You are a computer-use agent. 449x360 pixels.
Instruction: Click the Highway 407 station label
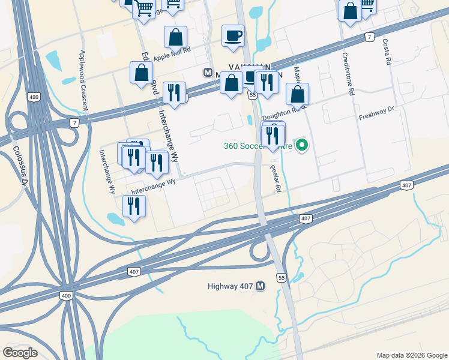[230, 286]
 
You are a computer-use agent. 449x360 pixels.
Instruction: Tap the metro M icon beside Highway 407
[261, 286]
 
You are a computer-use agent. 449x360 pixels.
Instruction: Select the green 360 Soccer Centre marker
[303, 145]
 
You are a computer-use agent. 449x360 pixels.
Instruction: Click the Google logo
[20, 352]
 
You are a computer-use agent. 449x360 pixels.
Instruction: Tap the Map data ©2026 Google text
[411, 355]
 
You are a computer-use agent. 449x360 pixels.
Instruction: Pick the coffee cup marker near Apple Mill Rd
[233, 35]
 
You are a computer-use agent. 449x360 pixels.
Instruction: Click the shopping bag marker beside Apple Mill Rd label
[175, 37]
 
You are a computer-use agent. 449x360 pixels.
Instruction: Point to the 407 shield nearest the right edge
[406, 186]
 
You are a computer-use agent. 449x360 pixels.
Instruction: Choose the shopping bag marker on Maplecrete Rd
[297, 94]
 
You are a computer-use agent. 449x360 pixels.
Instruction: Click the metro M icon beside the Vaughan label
[208, 72]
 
